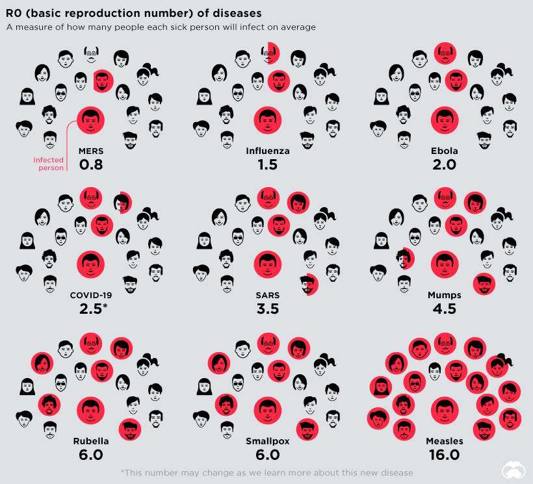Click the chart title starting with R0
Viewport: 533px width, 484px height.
(x=134, y=13)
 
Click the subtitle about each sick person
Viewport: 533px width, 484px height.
(x=161, y=27)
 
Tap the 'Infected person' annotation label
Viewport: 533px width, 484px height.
(x=49, y=164)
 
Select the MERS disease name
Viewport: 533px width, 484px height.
(x=91, y=151)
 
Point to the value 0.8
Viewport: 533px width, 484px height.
(x=91, y=164)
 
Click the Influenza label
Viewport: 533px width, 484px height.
(x=267, y=151)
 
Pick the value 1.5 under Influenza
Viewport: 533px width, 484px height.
(x=267, y=164)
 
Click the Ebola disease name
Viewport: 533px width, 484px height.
(x=445, y=151)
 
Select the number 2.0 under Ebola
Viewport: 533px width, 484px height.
(x=445, y=164)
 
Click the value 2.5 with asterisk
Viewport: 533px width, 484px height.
(x=93, y=309)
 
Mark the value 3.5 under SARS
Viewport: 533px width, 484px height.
(x=267, y=309)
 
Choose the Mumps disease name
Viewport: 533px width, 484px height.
(x=445, y=295)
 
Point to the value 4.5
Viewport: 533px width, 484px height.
(x=445, y=309)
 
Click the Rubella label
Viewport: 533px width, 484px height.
(x=91, y=441)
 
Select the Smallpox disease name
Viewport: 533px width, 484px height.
(x=267, y=441)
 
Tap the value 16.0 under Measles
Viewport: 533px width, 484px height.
(x=445, y=455)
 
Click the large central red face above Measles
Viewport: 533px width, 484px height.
(x=445, y=410)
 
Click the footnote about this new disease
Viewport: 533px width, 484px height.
(x=267, y=472)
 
